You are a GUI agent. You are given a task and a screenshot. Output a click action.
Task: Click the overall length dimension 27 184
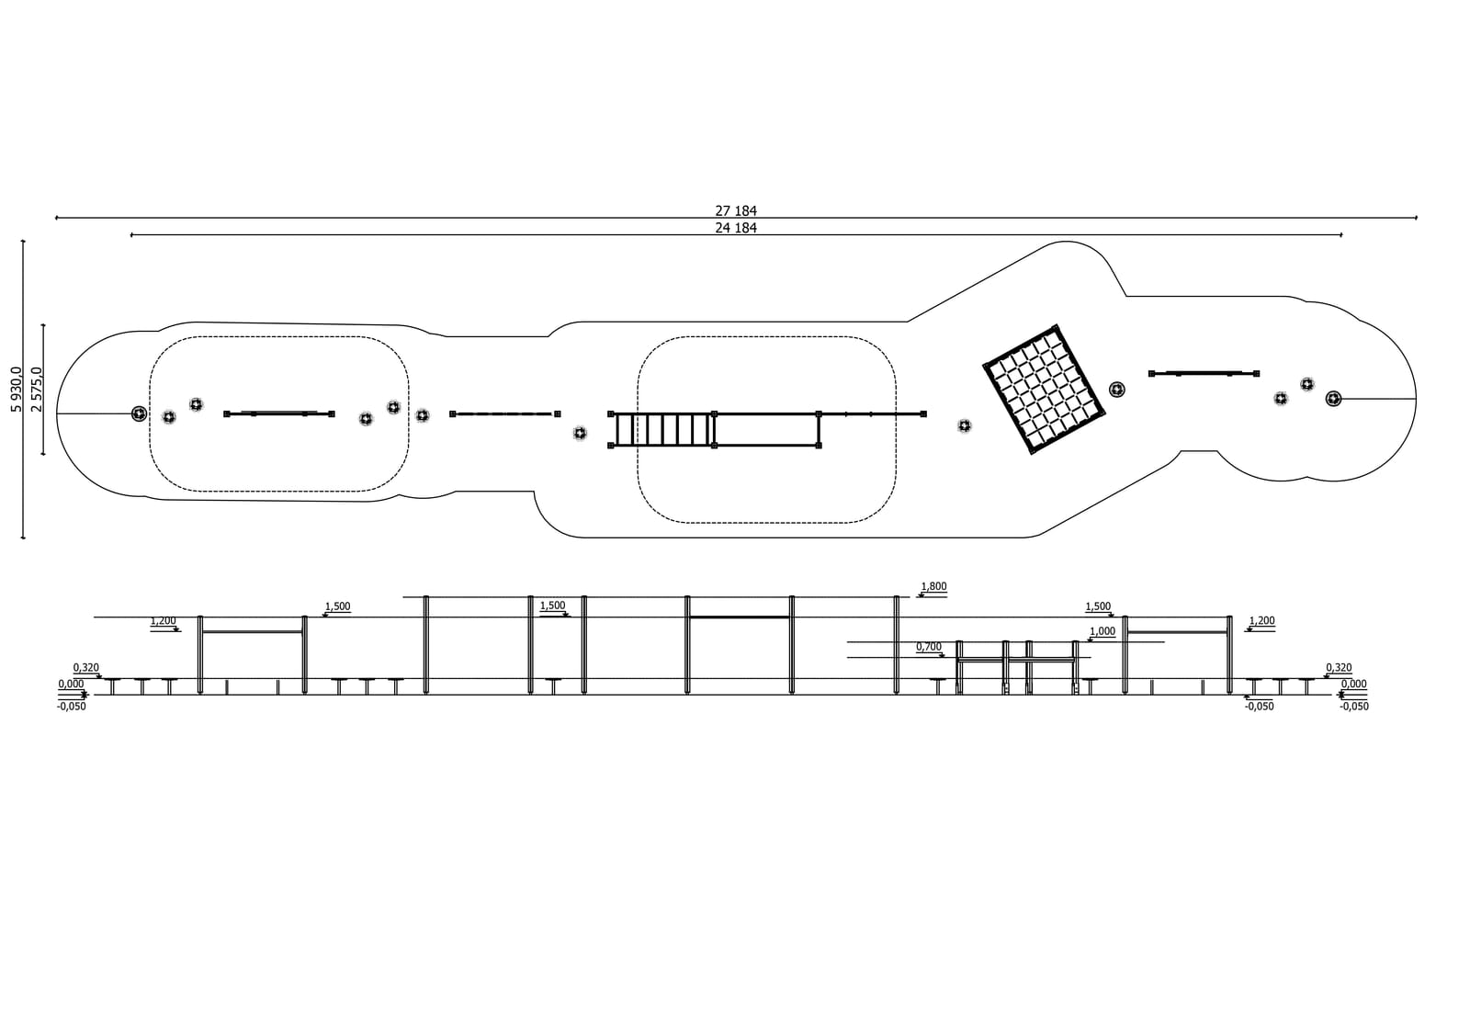tap(736, 210)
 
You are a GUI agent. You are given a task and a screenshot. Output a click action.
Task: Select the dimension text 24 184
tap(736, 228)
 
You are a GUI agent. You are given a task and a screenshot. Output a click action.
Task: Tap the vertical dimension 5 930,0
tap(17, 390)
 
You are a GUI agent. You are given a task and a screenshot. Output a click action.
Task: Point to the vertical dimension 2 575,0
tap(37, 390)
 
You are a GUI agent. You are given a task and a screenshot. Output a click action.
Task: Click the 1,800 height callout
tap(933, 586)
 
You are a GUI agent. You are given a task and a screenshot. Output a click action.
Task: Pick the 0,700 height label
tap(929, 647)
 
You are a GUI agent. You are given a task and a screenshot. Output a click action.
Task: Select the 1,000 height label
tap(1102, 631)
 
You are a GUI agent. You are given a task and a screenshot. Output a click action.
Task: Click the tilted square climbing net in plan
tap(1044, 390)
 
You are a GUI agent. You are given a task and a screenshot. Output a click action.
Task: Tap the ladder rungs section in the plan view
tap(662, 430)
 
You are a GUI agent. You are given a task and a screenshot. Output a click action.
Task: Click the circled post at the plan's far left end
tap(139, 413)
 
